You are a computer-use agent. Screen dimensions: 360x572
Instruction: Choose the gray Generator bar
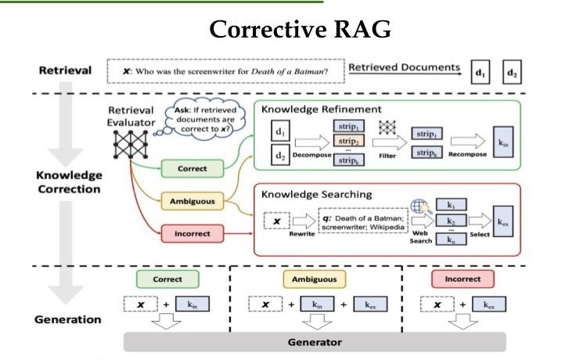pyautogui.click(x=315, y=342)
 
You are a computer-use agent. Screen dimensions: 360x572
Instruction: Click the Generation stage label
pyautogui.click(x=68, y=319)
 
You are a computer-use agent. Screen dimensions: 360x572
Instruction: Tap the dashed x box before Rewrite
pyautogui.click(x=279, y=222)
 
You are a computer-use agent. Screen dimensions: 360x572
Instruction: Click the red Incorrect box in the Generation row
pyautogui.click(x=462, y=279)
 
